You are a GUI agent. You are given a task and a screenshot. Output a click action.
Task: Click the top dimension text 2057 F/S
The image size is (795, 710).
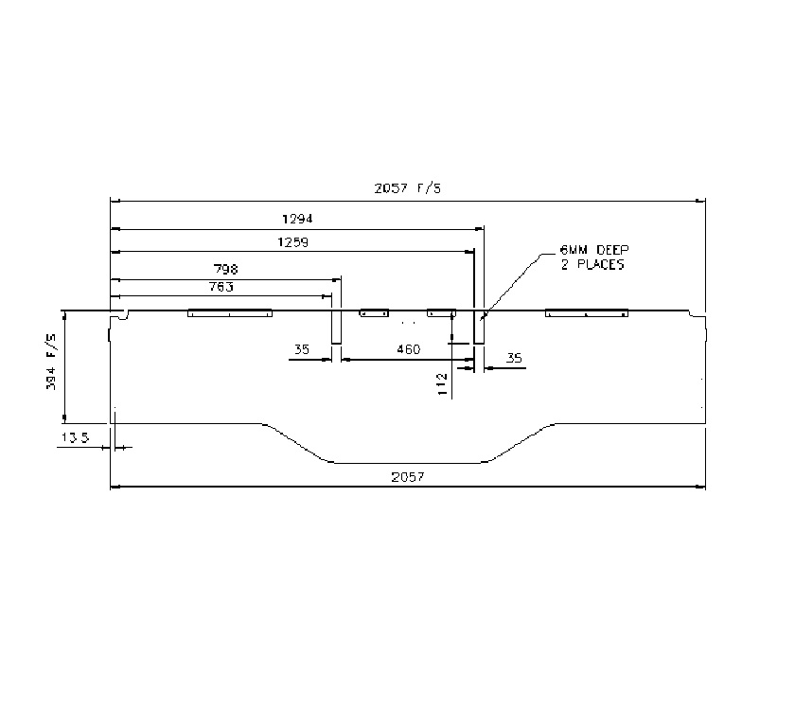(x=407, y=188)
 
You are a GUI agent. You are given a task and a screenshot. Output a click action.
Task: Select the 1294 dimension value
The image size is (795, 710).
(x=295, y=218)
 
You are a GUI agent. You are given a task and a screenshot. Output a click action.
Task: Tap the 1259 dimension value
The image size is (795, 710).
(x=292, y=241)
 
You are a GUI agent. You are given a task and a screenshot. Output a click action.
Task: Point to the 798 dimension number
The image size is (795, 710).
(x=225, y=269)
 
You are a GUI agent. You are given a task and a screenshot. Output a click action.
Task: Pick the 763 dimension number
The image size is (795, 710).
(x=221, y=286)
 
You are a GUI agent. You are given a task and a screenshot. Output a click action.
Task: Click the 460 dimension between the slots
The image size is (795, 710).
(x=408, y=350)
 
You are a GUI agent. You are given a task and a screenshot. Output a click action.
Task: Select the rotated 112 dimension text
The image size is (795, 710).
(x=442, y=383)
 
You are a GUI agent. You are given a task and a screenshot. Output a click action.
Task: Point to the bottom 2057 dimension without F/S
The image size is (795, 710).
(x=407, y=478)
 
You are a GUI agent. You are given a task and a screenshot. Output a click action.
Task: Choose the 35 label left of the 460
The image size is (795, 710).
(x=302, y=350)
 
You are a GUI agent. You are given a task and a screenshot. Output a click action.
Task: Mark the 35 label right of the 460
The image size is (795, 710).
(x=514, y=359)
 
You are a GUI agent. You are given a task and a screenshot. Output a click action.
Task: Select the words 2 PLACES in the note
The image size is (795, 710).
(x=593, y=266)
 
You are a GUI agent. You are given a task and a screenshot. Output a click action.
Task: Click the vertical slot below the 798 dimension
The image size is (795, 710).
(x=335, y=327)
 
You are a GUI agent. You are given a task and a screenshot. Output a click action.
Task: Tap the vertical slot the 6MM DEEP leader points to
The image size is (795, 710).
(x=479, y=327)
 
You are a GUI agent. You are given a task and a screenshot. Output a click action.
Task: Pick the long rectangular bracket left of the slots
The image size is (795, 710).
(x=230, y=313)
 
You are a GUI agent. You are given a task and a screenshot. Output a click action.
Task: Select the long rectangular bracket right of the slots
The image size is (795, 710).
(x=587, y=313)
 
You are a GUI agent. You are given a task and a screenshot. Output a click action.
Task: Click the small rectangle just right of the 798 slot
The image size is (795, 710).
(x=374, y=312)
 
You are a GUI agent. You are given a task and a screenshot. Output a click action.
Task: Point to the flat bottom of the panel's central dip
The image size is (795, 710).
(x=407, y=463)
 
